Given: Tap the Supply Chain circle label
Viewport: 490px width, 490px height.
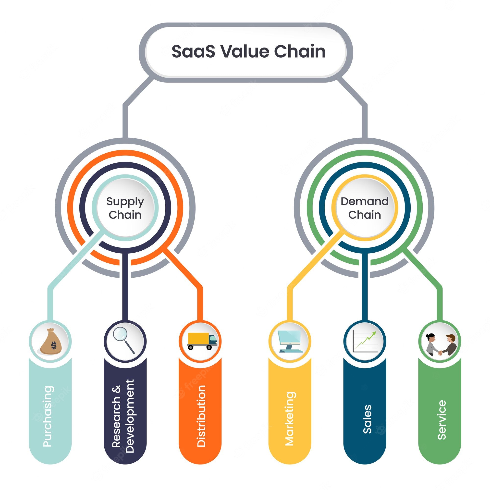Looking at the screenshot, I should [x=125, y=208].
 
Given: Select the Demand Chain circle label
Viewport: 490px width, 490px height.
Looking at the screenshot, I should [x=365, y=208].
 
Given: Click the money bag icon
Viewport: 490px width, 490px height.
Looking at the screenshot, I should [x=50, y=342].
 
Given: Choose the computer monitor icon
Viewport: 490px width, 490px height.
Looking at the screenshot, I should [x=289, y=341].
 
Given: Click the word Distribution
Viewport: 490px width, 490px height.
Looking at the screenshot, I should [x=201, y=416].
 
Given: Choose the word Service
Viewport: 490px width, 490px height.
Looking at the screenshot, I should [x=441, y=420].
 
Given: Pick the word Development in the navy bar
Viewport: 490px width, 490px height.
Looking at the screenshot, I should [x=130, y=416].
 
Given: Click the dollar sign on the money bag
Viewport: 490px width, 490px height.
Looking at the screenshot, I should [x=53, y=345].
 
